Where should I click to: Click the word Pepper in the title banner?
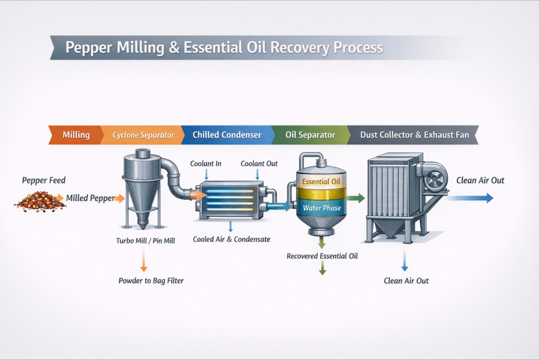[89, 47]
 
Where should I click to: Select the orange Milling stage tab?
[76, 135]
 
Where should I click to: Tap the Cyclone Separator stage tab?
[142, 135]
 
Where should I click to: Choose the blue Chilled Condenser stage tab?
[227, 135]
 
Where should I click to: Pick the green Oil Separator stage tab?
[310, 135]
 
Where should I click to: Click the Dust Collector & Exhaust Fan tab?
[413, 135]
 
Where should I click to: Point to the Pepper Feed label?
[44, 180]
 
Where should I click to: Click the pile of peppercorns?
[40, 202]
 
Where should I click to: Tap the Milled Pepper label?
[90, 198]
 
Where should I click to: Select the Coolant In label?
[206, 163]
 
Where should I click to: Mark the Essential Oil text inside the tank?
[321, 181]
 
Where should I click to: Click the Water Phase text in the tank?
[322, 208]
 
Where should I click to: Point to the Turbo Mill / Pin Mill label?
[146, 240]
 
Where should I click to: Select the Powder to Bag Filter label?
[151, 281]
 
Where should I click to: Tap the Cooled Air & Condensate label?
[232, 239]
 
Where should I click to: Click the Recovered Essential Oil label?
[322, 256]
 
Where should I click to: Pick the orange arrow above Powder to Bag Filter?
[143, 260]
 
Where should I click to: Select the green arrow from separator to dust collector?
[355, 198]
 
